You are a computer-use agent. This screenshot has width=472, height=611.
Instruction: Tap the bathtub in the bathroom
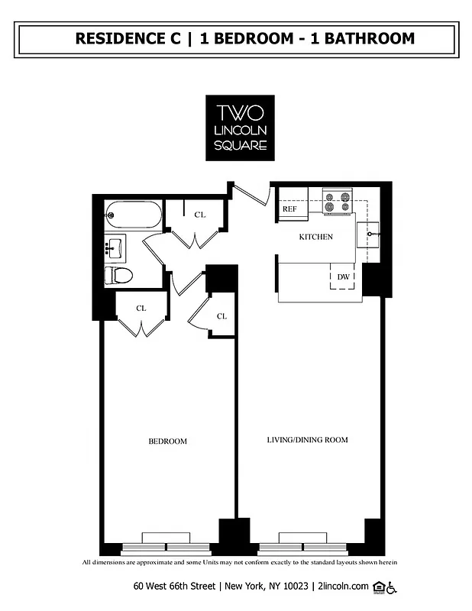134,215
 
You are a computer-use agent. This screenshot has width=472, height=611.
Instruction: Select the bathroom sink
115,247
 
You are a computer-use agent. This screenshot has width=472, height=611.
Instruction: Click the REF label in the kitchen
290,209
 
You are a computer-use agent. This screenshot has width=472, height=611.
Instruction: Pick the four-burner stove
337,202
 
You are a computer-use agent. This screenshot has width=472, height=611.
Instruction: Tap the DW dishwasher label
344,276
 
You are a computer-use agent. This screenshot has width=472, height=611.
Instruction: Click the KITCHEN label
315,237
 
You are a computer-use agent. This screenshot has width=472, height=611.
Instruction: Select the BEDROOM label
167,441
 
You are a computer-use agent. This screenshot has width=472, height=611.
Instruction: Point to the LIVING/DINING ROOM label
307,440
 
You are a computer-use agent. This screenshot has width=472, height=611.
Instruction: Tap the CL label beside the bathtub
200,215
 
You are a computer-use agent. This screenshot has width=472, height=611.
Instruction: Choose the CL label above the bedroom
141,309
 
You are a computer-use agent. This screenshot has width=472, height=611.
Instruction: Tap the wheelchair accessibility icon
392,587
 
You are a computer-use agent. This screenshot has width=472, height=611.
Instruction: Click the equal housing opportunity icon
377,587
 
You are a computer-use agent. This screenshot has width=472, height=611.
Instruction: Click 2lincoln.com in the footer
342,587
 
